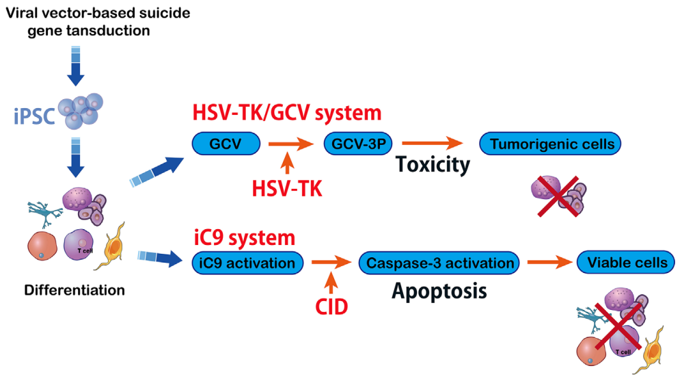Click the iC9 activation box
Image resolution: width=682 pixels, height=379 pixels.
247,262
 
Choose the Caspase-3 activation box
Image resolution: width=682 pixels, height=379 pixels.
439,262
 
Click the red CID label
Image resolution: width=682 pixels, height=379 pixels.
331,306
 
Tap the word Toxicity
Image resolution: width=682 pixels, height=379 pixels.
435,165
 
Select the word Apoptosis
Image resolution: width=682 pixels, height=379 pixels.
439,290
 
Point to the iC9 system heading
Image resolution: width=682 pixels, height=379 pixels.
245,237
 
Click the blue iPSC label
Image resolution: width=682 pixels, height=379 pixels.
35,114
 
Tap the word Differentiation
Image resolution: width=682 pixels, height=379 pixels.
74,290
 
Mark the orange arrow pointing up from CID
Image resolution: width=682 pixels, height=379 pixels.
332,281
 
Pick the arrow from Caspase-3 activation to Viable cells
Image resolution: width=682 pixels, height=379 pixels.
546,262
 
